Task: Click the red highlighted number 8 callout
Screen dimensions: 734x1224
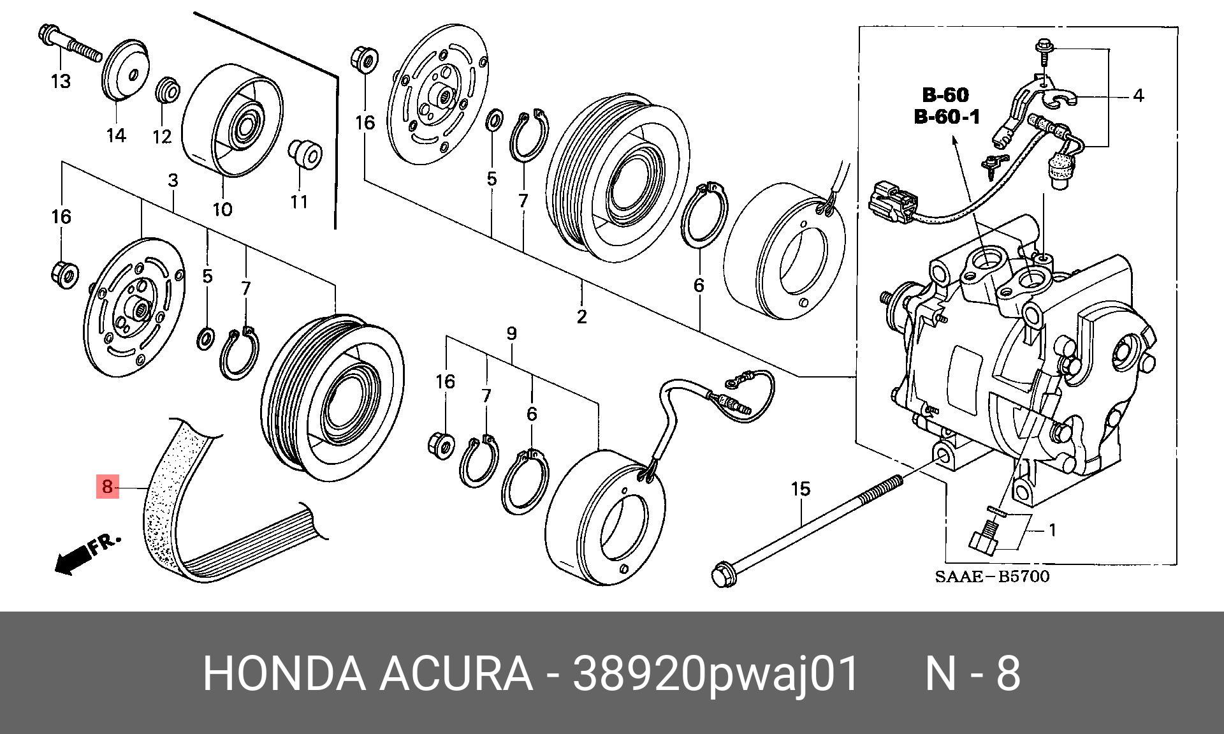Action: (107, 487)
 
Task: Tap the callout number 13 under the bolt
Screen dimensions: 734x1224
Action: (61, 82)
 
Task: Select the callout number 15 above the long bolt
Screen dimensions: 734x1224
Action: (800, 489)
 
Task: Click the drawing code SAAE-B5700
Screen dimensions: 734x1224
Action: (991, 577)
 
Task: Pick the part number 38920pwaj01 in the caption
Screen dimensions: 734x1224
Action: (716, 674)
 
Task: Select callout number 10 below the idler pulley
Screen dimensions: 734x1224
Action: (222, 209)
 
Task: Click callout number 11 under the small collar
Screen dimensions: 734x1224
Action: (299, 202)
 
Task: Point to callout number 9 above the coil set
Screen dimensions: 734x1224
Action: (511, 333)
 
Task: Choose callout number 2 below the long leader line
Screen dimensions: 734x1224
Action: (581, 316)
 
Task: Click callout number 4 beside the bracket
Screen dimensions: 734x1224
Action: (1138, 96)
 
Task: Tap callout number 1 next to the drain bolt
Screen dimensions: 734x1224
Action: (1052, 530)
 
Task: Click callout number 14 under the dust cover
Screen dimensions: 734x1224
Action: (116, 135)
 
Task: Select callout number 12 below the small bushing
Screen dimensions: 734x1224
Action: (162, 136)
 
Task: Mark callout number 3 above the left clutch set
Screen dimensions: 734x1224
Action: (173, 180)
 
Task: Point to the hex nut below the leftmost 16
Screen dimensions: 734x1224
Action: (64, 272)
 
